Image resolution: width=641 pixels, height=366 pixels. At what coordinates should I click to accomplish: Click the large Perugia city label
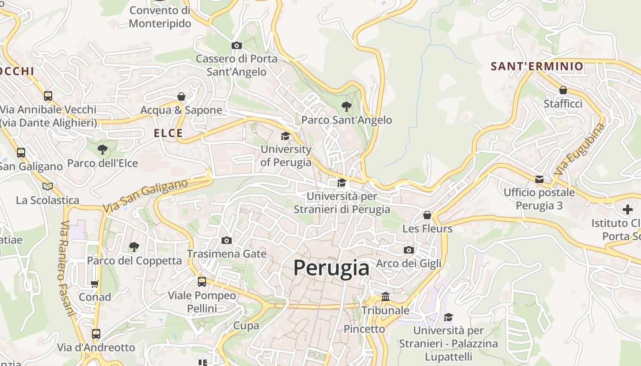click(331, 268)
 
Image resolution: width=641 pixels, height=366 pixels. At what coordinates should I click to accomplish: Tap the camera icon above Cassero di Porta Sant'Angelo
click(237, 45)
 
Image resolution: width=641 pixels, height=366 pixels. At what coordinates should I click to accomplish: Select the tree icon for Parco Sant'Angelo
click(347, 107)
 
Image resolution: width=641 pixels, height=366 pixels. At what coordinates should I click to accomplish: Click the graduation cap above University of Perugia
click(286, 136)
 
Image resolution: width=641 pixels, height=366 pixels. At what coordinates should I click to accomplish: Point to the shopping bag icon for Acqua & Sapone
click(181, 97)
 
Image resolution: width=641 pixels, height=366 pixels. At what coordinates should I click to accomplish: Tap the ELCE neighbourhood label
click(168, 133)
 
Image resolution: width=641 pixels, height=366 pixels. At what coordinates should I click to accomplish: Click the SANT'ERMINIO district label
click(537, 66)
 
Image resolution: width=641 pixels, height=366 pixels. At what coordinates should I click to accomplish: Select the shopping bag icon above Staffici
click(563, 90)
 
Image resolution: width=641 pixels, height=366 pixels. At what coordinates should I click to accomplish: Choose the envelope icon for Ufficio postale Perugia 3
click(539, 179)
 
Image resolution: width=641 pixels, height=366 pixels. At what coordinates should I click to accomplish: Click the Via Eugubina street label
click(579, 149)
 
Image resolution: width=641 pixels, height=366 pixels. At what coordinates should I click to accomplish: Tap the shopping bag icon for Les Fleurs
click(427, 215)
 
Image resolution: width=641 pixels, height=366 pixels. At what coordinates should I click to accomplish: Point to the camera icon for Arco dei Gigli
click(409, 250)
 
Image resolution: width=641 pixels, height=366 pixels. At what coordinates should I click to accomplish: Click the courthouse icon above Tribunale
click(386, 296)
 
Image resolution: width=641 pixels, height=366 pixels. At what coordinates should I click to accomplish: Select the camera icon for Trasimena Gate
click(227, 241)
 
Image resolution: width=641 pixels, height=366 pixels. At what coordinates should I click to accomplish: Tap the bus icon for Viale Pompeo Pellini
click(202, 282)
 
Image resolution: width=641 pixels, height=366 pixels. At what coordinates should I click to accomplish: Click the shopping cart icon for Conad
click(95, 284)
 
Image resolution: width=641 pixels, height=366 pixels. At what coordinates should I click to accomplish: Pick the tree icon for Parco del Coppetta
click(134, 247)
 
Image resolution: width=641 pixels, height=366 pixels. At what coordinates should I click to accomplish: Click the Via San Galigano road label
click(145, 196)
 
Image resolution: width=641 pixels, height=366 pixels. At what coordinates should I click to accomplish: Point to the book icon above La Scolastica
click(48, 186)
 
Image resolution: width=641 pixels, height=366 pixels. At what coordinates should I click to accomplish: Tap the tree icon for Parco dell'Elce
click(103, 149)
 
